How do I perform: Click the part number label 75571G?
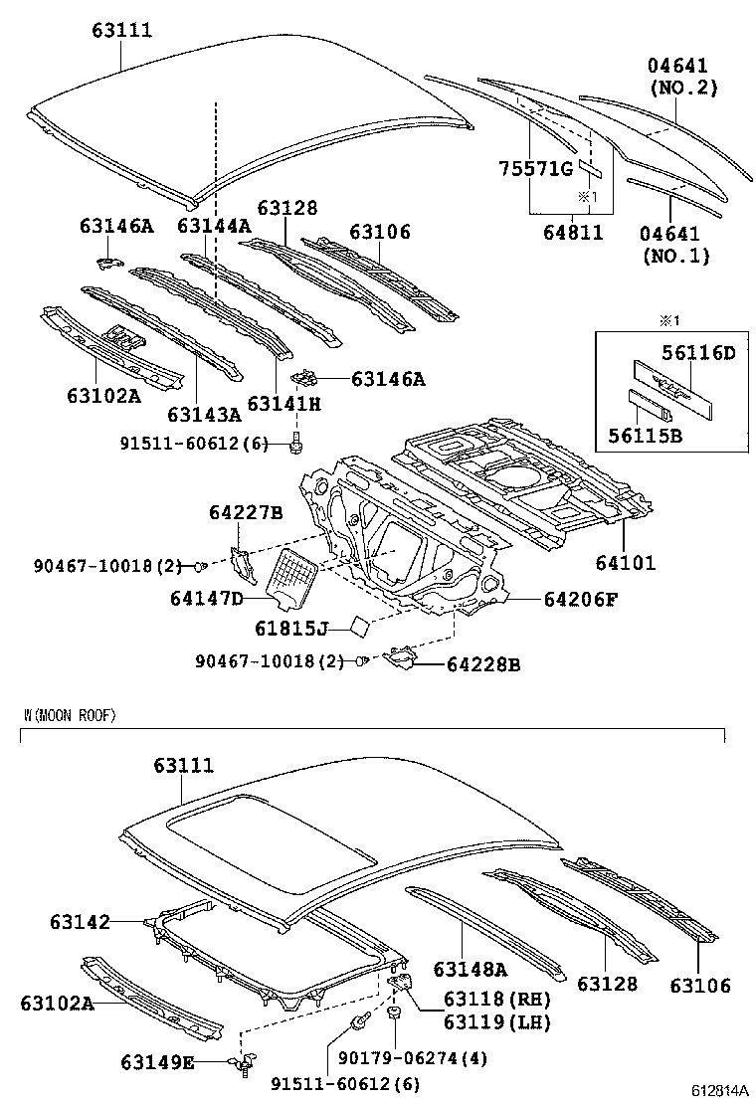point(534,169)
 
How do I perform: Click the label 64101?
point(626,563)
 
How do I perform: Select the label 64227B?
point(246,512)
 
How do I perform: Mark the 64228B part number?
point(483,663)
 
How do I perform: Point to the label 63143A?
point(204,414)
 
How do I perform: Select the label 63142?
point(80,922)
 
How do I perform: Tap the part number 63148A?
point(470,969)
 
